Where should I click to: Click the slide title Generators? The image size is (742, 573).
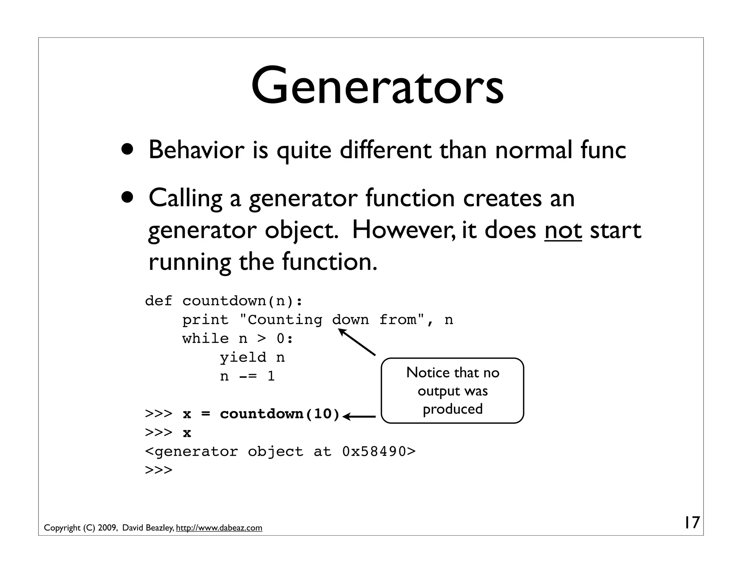point(377,86)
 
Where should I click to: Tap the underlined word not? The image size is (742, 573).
point(563,230)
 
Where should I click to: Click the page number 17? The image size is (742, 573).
point(691,523)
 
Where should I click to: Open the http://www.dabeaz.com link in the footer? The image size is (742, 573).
point(219,528)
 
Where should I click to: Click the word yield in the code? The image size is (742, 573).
point(243,357)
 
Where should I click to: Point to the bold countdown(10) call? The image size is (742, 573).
point(280,414)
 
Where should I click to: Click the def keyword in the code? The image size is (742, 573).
point(158,301)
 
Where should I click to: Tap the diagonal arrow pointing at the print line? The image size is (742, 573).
point(357,342)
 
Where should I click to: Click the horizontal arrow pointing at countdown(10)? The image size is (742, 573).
point(359,417)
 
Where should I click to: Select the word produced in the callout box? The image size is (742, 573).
point(453,409)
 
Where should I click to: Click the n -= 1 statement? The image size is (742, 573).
point(247,376)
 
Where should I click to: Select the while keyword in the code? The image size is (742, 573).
point(205,339)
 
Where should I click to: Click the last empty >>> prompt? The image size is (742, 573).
point(158,470)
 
